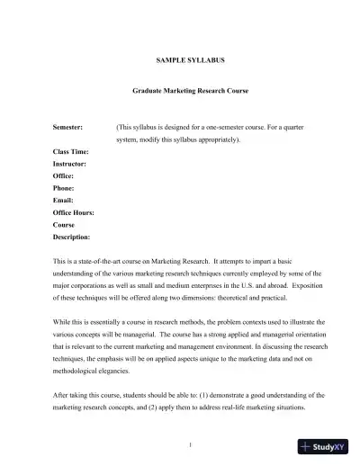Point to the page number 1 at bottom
181,444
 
